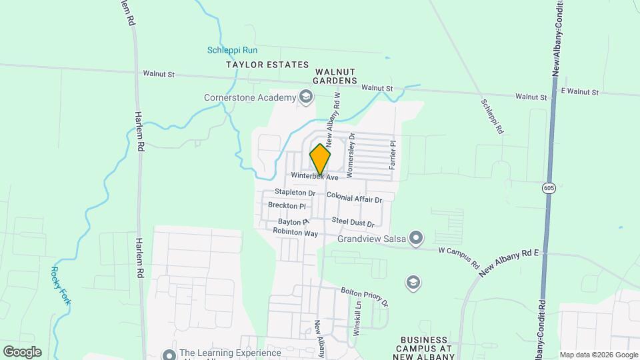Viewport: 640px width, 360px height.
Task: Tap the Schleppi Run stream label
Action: point(232,50)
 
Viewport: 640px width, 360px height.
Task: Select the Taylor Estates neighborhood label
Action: point(267,65)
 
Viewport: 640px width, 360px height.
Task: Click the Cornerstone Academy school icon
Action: point(306,98)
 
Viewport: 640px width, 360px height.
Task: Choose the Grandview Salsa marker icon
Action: point(417,237)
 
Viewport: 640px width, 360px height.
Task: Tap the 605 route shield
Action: point(549,188)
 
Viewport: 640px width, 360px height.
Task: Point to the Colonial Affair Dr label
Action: point(354,199)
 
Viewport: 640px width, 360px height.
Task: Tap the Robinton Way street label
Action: point(295,233)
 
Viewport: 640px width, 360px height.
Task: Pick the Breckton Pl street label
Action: point(287,205)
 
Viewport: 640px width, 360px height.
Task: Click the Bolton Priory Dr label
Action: point(364,297)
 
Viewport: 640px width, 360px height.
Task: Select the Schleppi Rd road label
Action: point(492,117)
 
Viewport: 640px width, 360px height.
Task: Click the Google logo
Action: point(22,351)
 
